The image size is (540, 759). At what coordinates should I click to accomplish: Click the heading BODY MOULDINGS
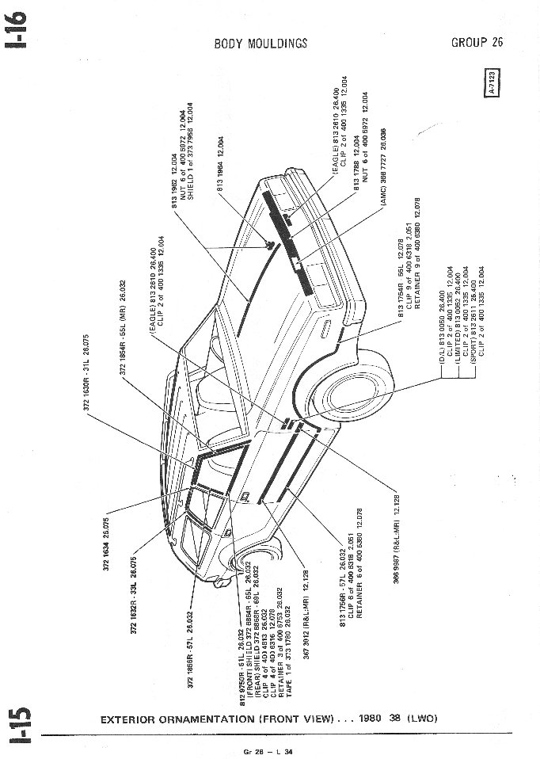pos(260,44)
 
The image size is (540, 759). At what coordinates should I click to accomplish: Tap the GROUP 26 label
pos(477,42)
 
